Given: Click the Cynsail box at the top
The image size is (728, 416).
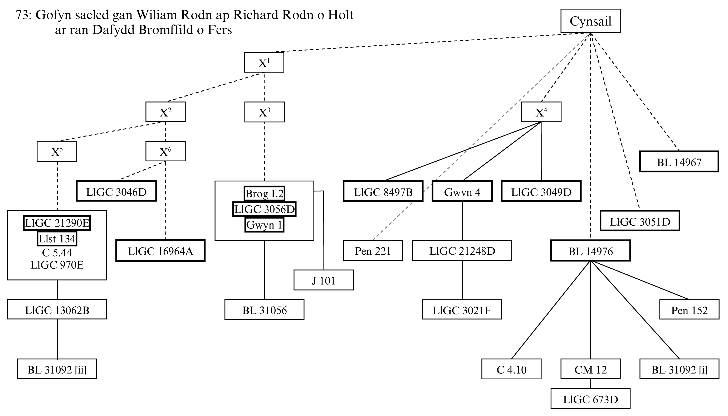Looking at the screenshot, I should (590, 21).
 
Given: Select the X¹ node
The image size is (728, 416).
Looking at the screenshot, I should (264, 62).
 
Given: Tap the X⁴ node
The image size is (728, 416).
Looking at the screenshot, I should (541, 112).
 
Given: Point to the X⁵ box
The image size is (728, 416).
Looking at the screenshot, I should (57, 151).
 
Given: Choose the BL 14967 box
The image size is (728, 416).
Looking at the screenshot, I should (679, 162).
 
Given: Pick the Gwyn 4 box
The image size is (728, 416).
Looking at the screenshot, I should (462, 191).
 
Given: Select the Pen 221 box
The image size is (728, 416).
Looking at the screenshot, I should (373, 250).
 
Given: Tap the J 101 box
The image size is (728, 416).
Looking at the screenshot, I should (324, 280).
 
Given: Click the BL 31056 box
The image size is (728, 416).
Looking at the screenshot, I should (264, 310).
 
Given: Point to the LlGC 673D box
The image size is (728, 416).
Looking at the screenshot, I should (590, 399).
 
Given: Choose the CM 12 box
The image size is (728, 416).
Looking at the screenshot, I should (590, 369).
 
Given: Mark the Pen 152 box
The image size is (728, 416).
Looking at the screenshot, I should (689, 310).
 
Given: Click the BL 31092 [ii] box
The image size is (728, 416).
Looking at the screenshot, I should (57, 369).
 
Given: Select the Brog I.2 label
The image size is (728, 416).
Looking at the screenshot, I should (264, 194).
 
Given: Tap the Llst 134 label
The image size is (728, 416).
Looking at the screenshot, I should (57, 238).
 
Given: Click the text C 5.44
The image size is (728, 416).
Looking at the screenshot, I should (57, 252).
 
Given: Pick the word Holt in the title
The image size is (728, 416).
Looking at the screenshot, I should (340, 15).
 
